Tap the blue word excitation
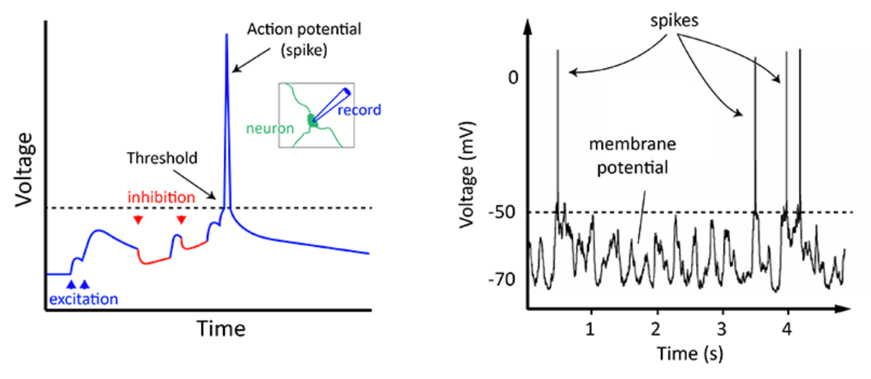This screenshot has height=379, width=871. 83,299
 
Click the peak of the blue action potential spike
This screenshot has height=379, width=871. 226,35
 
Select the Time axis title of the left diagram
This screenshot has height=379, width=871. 221,328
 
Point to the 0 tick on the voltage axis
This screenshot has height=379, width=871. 510,79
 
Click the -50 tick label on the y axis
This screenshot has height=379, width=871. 505,213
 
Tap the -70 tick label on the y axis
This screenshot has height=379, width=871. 505,280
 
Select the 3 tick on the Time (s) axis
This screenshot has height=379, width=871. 722,325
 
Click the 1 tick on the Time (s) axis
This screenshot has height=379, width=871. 592,325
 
